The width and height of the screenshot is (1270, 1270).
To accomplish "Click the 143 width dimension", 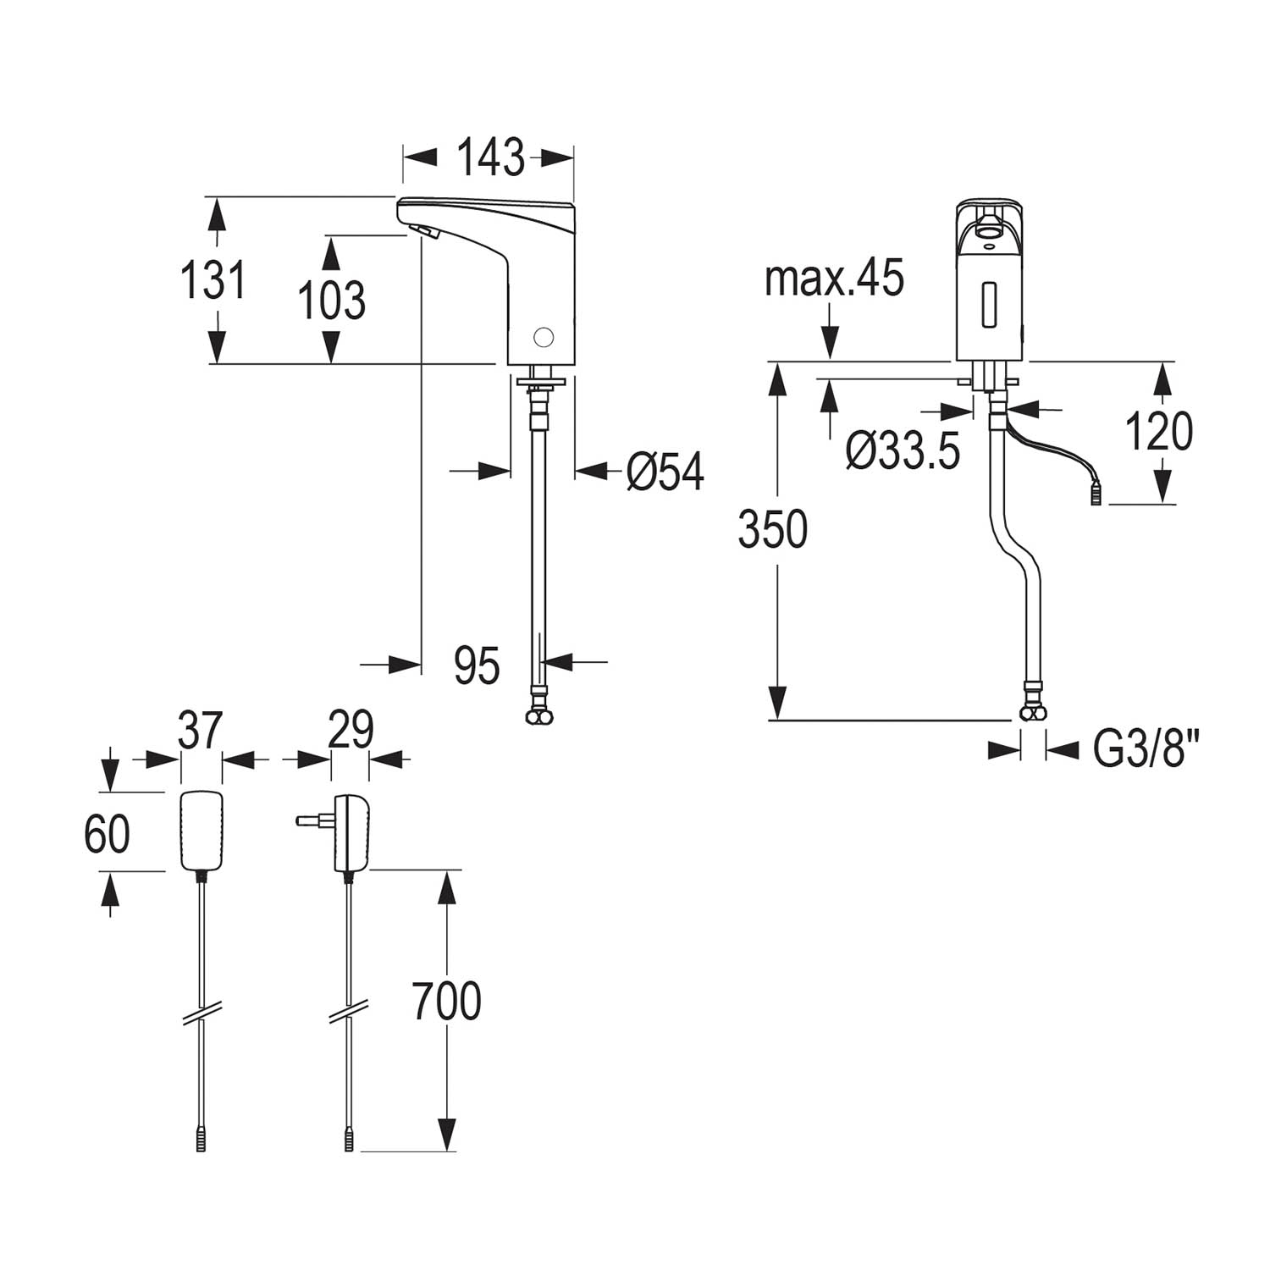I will coord(490,157).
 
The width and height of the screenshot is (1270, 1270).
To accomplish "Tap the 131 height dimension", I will coord(213,279).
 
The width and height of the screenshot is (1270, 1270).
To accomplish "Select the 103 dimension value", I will coord(332,300).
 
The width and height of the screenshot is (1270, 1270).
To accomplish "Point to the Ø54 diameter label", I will coord(665,472).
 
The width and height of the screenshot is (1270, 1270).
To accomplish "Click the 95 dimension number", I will coord(477,665).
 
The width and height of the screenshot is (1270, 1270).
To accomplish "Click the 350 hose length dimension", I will coord(772,530).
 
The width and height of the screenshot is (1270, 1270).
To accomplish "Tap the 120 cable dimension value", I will coord(1158,432).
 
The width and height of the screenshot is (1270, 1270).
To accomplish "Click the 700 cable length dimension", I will coord(446,1002).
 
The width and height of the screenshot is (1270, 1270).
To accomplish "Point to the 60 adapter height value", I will coord(107,834).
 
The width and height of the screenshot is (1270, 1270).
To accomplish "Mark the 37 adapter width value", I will coord(201,731).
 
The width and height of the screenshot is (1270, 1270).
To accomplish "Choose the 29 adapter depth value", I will coord(350,731).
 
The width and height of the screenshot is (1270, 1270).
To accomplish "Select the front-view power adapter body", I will coord(202,831).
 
